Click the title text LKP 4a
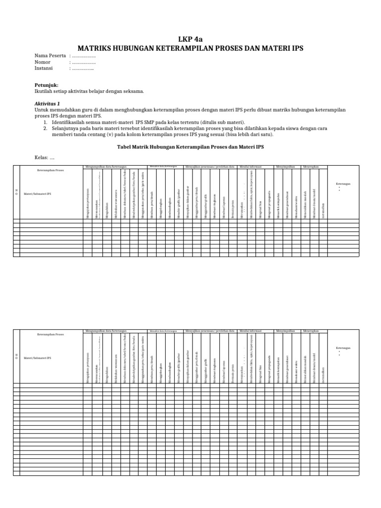[190, 40]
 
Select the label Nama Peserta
[50, 56]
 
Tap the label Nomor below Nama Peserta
[42, 63]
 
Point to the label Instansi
[44, 68]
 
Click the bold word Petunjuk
[46, 85]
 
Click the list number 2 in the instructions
[45, 128]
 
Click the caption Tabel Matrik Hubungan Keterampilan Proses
[190, 147]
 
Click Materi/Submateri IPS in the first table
[37, 194]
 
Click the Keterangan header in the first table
[343, 184]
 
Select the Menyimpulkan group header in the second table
[286, 330]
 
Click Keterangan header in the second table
[343, 348]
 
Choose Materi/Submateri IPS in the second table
[37, 357]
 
